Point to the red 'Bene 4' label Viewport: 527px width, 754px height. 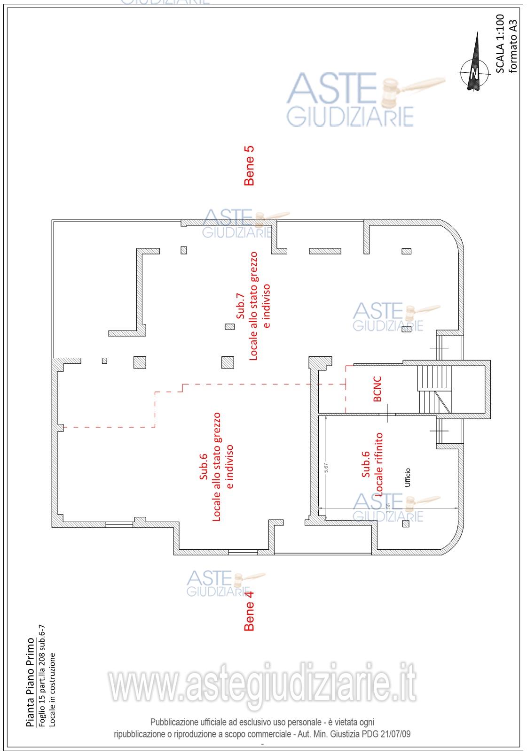coord(249,610)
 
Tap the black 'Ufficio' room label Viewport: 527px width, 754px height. coord(408,478)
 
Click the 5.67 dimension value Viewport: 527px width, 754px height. coord(325,469)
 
